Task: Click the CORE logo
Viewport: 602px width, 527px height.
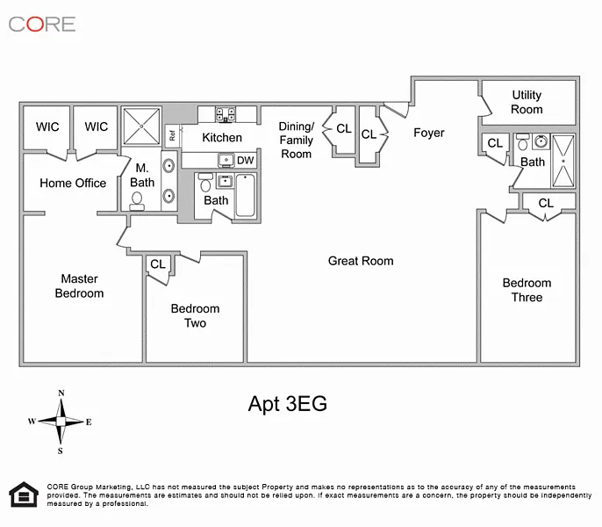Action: (x=42, y=25)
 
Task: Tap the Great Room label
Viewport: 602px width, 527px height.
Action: (x=361, y=261)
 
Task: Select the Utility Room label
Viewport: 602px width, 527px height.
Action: (x=527, y=102)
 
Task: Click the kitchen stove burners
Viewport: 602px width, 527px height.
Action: (x=226, y=114)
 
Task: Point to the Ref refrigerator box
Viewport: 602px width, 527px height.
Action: (x=172, y=135)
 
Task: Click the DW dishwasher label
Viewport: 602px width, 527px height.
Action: (x=246, y=160)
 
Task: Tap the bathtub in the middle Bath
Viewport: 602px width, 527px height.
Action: (x=246, y=195)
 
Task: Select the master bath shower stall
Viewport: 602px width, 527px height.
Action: (x=141, y=126)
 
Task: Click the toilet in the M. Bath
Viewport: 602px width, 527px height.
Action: (x=137, y=201)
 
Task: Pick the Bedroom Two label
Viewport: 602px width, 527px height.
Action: (x=195, y=315)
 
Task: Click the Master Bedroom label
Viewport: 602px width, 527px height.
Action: (x=80, y=286)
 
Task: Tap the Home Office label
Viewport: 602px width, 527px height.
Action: (x=73, y=183)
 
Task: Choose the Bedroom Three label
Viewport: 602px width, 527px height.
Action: (x=527, y=290)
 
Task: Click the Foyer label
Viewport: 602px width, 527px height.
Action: (x=429, y=133)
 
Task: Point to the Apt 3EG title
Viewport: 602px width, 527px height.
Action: (x=288, y=404)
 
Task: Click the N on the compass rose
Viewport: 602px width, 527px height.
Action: (x=61, y=393)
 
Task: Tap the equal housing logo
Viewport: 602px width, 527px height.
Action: (x=24, y=495)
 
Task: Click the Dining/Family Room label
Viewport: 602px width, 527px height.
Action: (x=296, y=141)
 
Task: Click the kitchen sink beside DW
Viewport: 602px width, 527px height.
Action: (x=226, y=160)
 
